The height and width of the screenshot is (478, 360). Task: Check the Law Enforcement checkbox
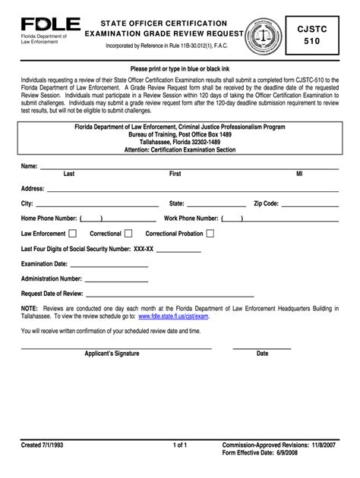pyautogui.click(x=73, y=234)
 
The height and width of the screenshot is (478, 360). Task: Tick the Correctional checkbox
pyautogui.click(x=128, y=234)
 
